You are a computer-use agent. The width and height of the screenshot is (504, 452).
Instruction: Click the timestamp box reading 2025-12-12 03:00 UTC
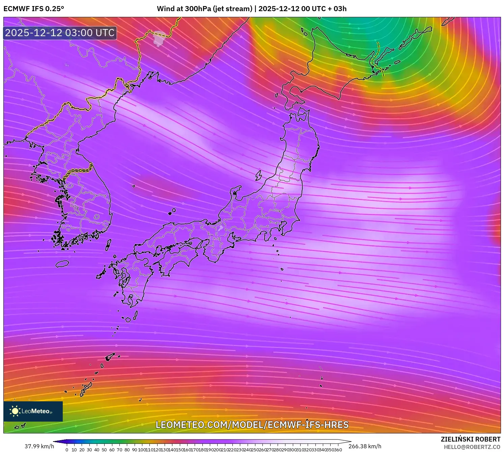pyautogui.click(x=60, y=33)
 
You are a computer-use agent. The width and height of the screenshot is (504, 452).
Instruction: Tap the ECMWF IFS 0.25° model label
pyautogui.click(x=34, y=9)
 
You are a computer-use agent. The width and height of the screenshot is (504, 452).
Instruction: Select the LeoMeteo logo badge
pyautogui.click(x=33, y=411)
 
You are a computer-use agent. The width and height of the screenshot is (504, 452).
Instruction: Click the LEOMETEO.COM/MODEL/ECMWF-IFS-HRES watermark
pyautogui.click(x=252, y=425)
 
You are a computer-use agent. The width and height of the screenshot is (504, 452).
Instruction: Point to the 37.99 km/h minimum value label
pyautogui.click(x=39, y=446)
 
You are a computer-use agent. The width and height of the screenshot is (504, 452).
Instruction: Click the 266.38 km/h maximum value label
pyautogui.click(x=365, y=446)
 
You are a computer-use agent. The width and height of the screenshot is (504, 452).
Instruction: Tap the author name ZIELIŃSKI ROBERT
pyautogui.click(x=471, y=439)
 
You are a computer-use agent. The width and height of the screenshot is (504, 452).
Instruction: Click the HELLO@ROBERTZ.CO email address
pyautogui.click(x=472, y=447)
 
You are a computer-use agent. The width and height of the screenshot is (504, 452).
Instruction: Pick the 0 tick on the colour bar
pyautogui.click(x=67, y=450)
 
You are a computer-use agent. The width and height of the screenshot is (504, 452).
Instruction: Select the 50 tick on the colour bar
pyautogui.click(x=104, y=450)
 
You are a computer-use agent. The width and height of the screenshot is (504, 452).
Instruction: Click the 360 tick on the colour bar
pyautogui.click(x=338, y=450)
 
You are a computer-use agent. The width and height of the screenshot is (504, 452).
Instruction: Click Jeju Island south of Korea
pyautogui.click(x=62, y=263)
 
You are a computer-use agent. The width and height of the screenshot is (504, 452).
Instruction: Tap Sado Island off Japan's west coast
pyautogui.click(x=258, y=175)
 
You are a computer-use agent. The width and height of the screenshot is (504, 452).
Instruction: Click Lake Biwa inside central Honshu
pyautogui.click(x=220, y=229)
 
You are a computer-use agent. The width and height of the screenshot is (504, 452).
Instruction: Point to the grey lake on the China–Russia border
pyautogui.click(x=159, y=38)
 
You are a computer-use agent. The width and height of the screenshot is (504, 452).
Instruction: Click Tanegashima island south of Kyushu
pyautogui.click(x=136, y=315)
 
